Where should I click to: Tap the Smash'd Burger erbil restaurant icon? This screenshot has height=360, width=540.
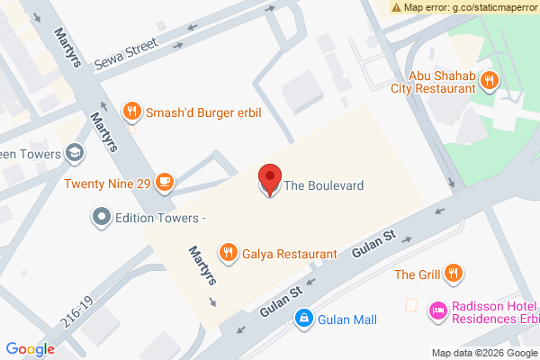pos(132,112)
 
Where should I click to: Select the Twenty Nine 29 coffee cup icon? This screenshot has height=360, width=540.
pos(164,184)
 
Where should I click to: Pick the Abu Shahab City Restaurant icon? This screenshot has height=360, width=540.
pos(490,80)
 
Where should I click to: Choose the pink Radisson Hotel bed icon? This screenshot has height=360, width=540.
pos(438,310)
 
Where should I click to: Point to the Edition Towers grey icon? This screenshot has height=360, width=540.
pos(102,217)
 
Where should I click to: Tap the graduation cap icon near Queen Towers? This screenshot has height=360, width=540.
pos(75,154)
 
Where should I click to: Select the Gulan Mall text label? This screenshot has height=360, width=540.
pos(346,319)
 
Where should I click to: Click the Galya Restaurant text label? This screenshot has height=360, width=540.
pos(290,254)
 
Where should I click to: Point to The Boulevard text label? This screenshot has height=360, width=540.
pos(324,185)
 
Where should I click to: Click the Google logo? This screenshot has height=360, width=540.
pos(30,349)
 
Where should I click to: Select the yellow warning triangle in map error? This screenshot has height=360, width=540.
pos(397,6)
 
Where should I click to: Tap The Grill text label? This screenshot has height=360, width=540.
pos(417,274)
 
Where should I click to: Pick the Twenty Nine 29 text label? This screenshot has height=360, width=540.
pos(106,184)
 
